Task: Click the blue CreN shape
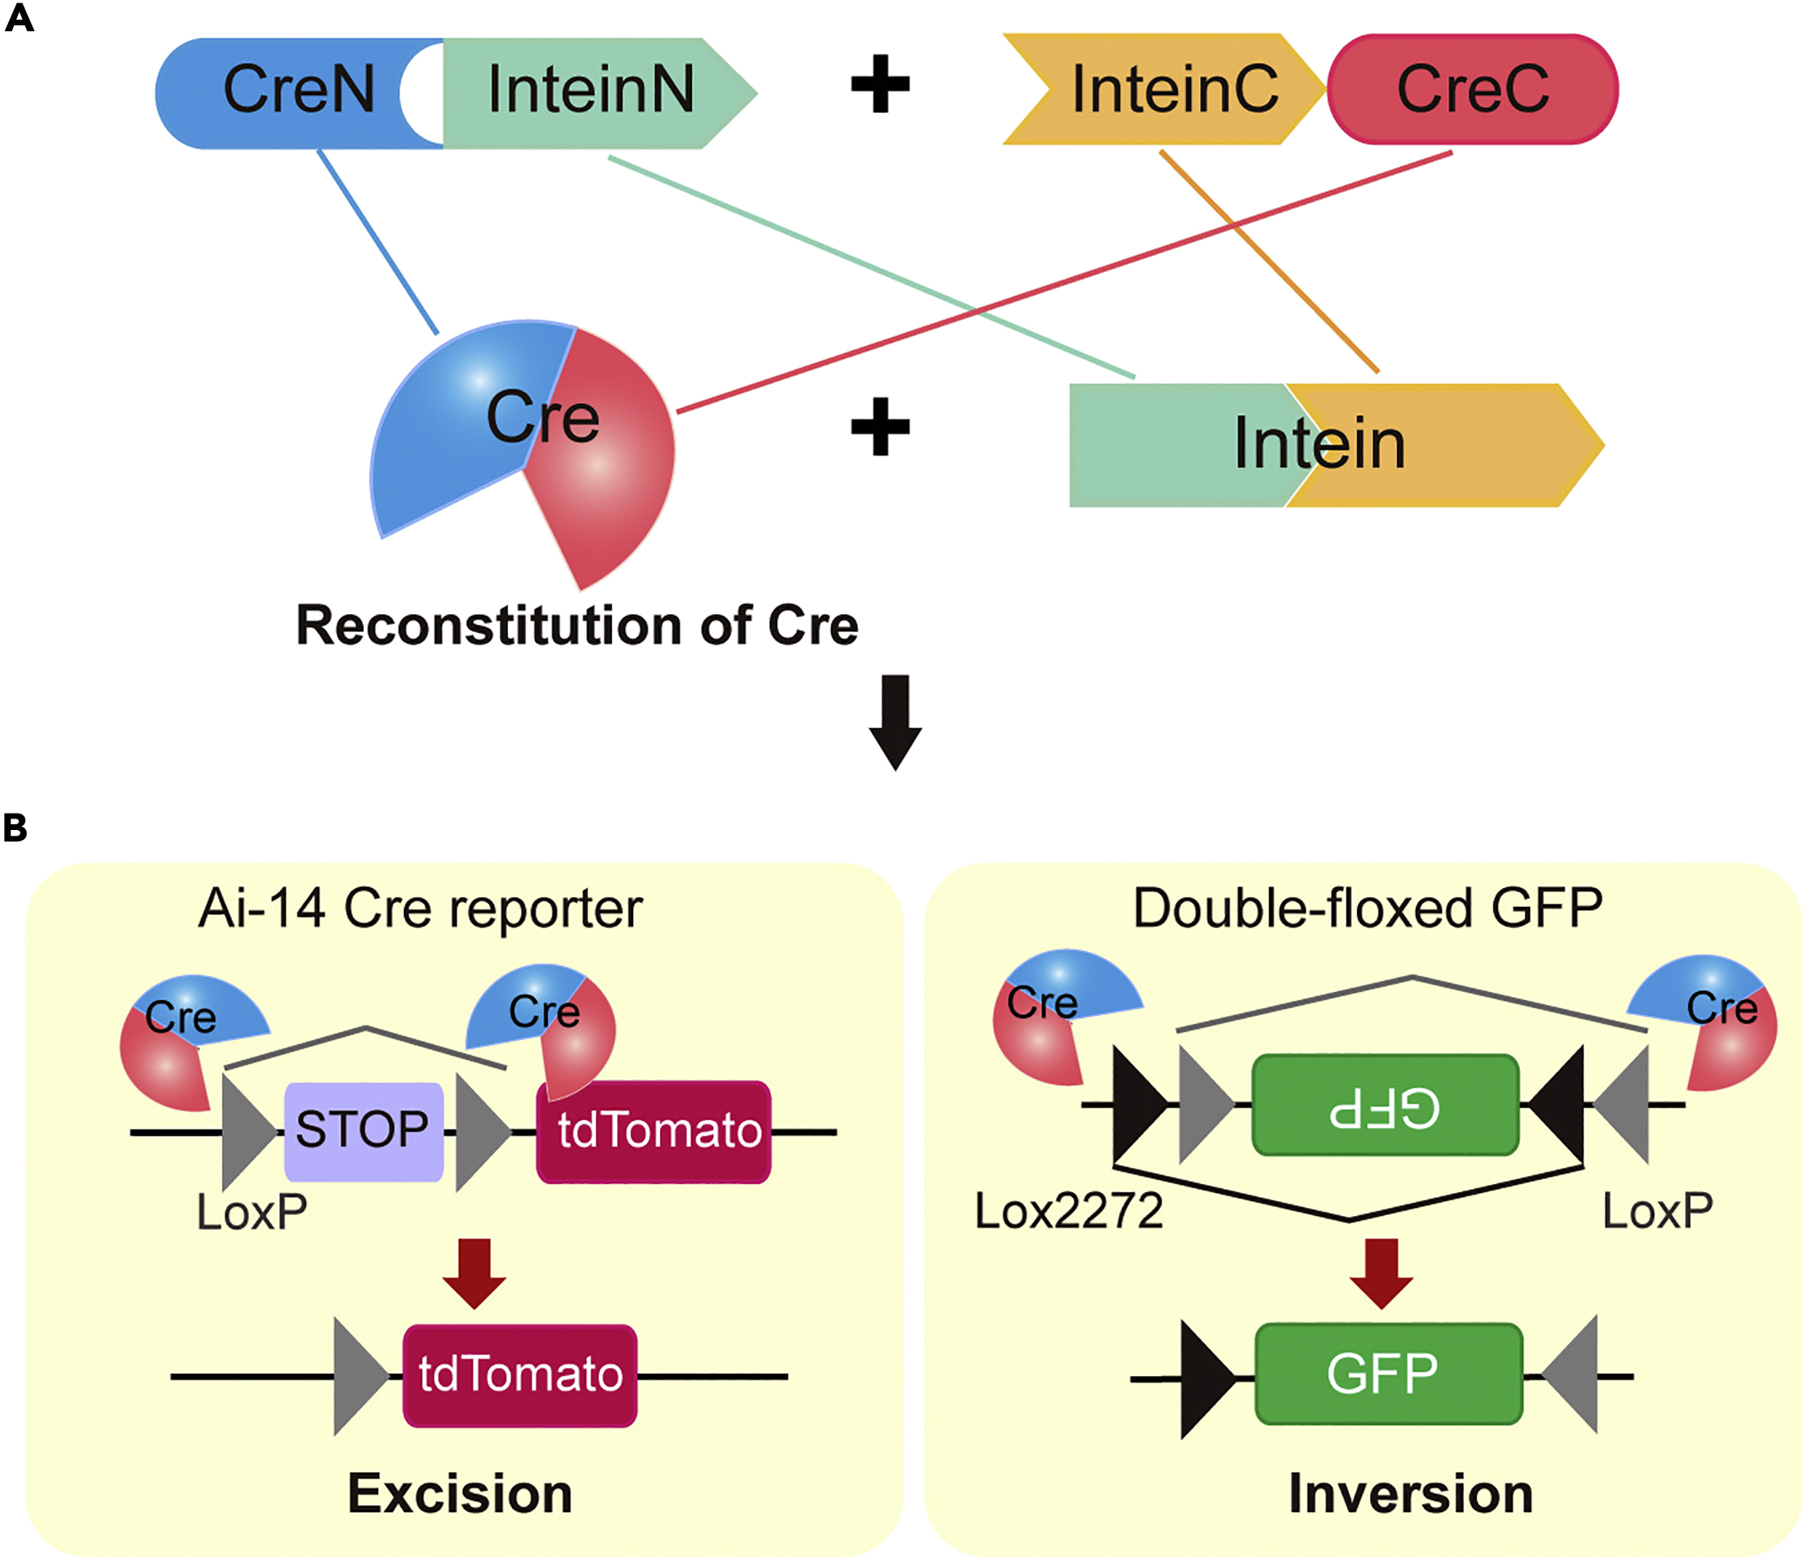279,92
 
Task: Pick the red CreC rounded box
1473,90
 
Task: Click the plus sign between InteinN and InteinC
879,84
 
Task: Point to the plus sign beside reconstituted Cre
879,427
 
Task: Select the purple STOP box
363,1130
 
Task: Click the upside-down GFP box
1385,1106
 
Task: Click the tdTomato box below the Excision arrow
519,1375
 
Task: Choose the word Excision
460,1494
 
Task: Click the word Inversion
1410,1494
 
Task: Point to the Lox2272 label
1068,1211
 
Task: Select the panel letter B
16,828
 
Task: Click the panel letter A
18,18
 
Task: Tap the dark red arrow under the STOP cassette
474,1273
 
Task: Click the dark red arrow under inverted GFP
1381,1273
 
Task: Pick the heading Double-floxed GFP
1367,909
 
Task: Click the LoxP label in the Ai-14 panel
252,1212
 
